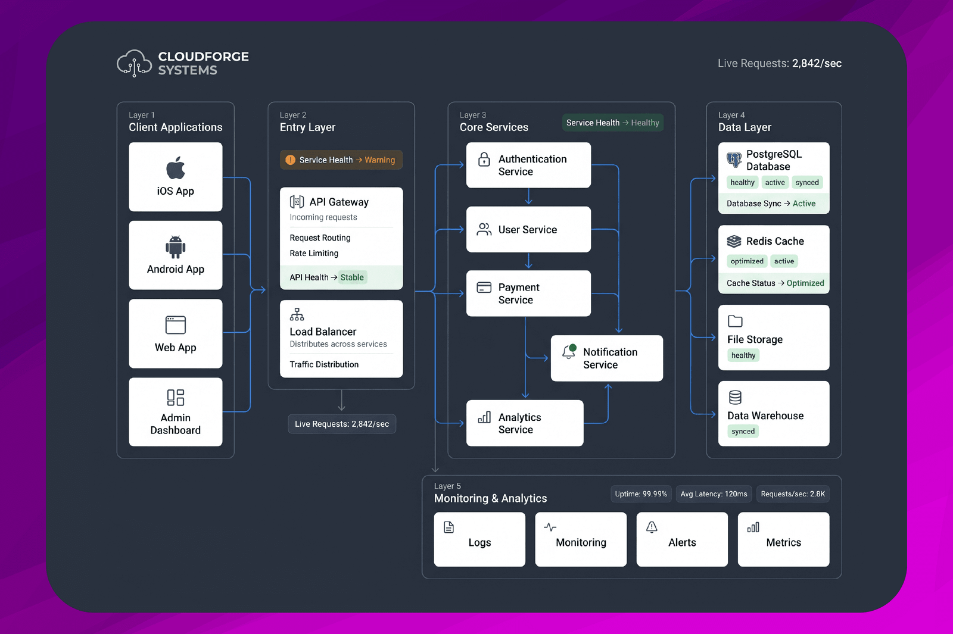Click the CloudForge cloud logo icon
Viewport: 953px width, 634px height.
[x=135, y=63]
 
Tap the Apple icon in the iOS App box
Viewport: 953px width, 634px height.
[x=175, y=167]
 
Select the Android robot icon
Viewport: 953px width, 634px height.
[x=175, y=246]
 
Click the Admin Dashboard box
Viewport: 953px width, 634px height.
[x=175, y=411]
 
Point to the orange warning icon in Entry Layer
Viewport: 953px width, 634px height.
[x=290, y=160]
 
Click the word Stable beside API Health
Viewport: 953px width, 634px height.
[x=352, y=277]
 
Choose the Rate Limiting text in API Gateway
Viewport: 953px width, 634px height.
[x=314, y=253]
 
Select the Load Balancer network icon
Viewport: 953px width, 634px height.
[x=297, y=314]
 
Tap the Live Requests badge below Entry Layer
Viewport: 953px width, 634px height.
[x=342, y=424]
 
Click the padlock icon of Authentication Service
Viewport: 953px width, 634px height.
[x=484, y=160]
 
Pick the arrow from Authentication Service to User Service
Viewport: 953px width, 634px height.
[x=528, y=196]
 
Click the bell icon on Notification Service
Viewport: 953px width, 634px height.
[x=569, y=352]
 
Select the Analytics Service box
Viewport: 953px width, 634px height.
[x=525, y=423]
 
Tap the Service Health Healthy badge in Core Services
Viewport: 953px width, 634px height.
[x=613, y=123]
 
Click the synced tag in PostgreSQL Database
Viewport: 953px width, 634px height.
[x=807, y=182]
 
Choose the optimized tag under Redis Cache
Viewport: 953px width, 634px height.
[x=747, y=261]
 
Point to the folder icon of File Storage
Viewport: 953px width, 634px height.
[x=735, y=321]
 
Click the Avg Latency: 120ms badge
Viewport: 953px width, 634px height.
[x=714, y=494]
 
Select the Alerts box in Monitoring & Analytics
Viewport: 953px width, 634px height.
[x=682, y=539]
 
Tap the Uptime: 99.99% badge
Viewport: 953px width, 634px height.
[x=641, y=494]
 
